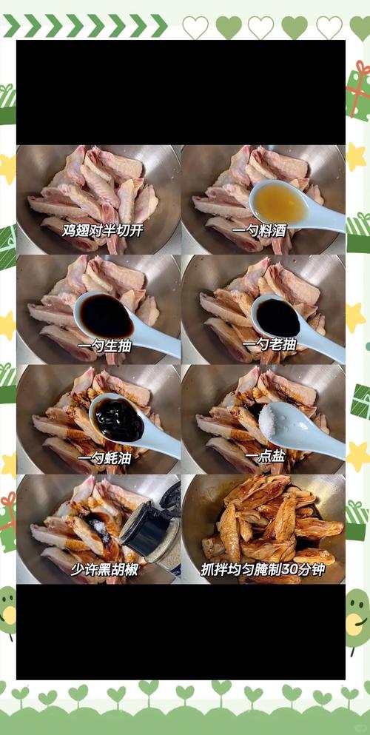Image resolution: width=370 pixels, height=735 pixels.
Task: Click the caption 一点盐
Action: coord(266,457)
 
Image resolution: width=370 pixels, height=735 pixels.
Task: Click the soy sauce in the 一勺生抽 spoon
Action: coord(105,314)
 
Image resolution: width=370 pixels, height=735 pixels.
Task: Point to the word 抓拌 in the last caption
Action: coord(215,570)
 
